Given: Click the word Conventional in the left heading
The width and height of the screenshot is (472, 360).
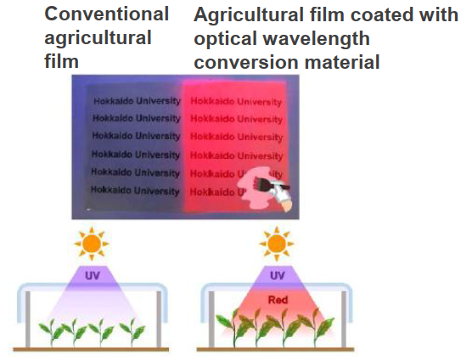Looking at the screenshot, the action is pos(107,14).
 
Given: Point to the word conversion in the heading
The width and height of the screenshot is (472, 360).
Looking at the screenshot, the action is pos(246,62).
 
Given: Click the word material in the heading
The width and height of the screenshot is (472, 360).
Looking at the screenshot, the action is pos(342,62).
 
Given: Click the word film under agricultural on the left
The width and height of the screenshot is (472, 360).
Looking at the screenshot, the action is pos(61,61).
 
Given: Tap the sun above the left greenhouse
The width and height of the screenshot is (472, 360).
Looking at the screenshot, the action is pos(92,243).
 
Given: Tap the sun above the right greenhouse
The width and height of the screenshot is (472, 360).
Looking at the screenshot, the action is pos(277,243).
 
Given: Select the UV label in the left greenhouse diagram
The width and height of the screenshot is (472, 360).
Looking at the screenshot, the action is pos(93,275).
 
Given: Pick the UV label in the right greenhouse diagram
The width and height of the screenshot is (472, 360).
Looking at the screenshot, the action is pos(278,275).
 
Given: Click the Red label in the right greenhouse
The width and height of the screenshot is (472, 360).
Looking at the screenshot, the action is pos(278,300).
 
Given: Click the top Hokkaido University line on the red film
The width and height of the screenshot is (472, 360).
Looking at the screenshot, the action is pos(236,101).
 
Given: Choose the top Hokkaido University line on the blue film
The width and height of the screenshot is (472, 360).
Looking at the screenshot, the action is pos(137,100).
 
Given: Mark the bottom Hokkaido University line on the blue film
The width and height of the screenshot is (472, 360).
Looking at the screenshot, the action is pos(135,190).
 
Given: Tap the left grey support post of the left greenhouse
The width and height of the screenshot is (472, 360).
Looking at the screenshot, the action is pos(28,319).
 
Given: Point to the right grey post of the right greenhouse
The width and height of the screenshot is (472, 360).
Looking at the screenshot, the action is pos(344,319).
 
